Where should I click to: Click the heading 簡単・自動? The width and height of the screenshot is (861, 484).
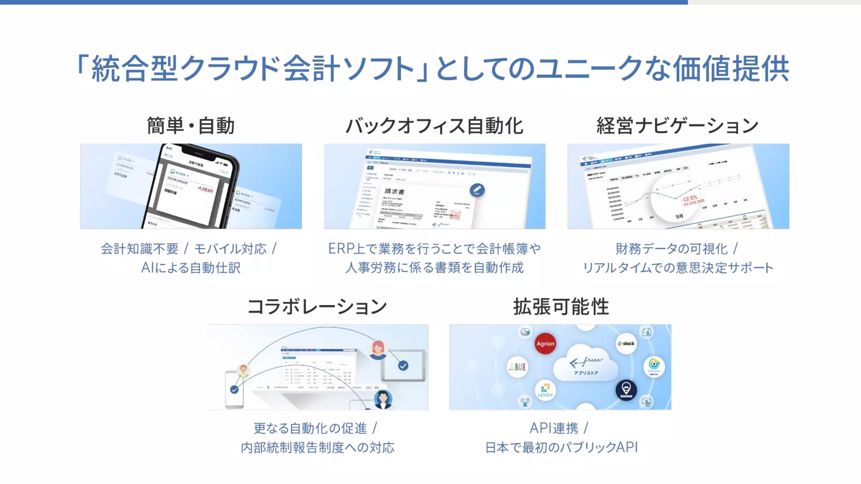pyautogui.click(x=190, y=126)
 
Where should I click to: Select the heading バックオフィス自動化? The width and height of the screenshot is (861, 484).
pyautogui.click(x=434, y=126)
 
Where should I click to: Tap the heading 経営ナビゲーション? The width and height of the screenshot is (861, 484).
pyautogui.click(x=678, y=126)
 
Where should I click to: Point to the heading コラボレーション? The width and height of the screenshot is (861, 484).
pyautogui.click(x=317, y=306)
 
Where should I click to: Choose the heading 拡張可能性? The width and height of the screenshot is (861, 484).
pyautogui.click(x=561, y=306)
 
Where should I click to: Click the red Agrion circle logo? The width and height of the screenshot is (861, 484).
pyautogui.click(x=545, y=343)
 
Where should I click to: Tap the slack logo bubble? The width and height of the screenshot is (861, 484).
pyautogui.click(x=626, y=343)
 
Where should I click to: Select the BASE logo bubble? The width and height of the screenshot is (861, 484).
pyautogui.click(x=518, y=367)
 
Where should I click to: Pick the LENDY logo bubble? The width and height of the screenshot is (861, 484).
pyautogui.click(x=545, y=390)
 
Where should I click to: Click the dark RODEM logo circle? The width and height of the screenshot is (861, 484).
pyautogui.click(x=626, y=390)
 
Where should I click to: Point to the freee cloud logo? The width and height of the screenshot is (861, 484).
pyautogui.click(x=586, y=364)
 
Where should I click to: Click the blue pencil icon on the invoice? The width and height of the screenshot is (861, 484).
pyautogui.click(x=477, y=190)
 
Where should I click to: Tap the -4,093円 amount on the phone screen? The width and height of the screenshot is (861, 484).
pyautogui.click(x=205, y=189)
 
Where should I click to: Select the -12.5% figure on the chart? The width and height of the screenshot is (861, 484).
pyautogui.click(x=690, y=198)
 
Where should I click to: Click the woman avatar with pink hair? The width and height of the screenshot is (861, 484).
pyautogui.click(x=378, y=349)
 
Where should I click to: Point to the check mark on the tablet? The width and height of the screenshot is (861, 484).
pyautogui.click(x=403, y=366)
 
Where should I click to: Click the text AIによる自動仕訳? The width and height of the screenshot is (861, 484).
pyautogui.click(x=190, y=268)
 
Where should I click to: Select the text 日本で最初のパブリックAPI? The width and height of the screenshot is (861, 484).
pyautogui.click(x=561, y=447)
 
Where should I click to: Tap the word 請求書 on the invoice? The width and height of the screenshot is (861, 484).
pyautogui.click(x=394, y=192)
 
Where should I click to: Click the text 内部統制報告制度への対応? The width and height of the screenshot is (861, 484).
pyautogui.click(x=317, y=447)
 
